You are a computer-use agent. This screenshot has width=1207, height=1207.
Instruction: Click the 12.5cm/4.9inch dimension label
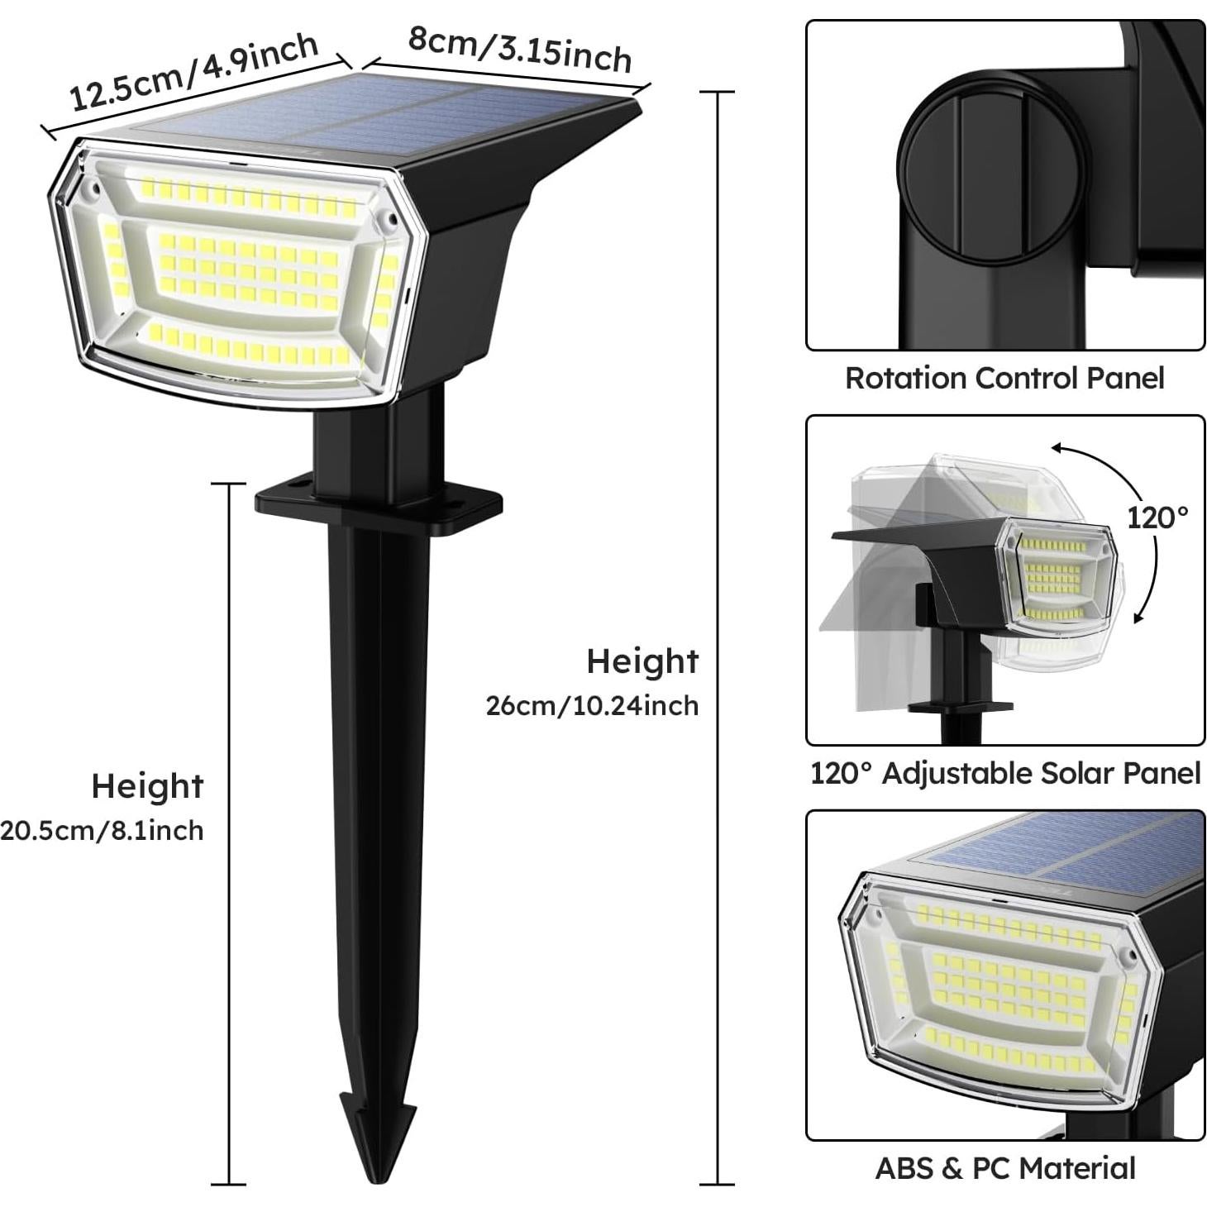193,72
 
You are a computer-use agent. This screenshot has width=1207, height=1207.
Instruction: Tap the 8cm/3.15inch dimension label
520,48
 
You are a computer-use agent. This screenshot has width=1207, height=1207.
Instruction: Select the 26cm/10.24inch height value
592,706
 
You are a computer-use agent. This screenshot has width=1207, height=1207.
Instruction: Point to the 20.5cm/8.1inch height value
102,830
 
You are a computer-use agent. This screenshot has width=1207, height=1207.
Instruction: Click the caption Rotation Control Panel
1004,378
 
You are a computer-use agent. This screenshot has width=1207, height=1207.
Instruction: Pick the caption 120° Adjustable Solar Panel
1004,773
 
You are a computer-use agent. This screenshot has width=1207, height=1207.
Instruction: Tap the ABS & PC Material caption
1004,1168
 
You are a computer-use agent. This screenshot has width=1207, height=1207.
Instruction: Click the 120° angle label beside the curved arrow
1157,518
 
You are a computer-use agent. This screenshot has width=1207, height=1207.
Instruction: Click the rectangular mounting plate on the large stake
379,501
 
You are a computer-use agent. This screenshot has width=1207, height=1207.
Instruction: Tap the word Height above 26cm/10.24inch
642,661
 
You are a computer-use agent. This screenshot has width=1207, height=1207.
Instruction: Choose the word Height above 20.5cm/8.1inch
147,786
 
